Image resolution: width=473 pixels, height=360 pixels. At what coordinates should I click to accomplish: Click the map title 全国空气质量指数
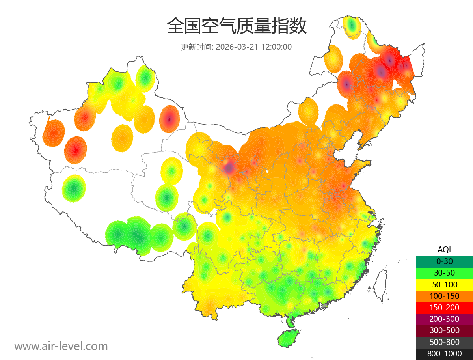coord(236,27)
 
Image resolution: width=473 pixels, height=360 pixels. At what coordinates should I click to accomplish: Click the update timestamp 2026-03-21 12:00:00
coord(254,47)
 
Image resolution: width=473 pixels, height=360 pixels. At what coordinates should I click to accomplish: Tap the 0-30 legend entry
coord(444,261)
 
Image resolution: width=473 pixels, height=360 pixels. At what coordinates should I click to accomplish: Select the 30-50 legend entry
coord(444,273)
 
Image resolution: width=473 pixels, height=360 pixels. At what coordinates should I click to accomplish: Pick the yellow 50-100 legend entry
coord(444,284)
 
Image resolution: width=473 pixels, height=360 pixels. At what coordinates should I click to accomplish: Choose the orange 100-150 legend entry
coord(444,296)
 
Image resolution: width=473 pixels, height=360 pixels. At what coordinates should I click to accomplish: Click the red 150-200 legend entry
coord(444,308)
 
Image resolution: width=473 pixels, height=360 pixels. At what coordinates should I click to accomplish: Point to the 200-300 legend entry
coord(444,319)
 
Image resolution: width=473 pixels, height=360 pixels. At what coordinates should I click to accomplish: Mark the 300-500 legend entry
coord(444,330)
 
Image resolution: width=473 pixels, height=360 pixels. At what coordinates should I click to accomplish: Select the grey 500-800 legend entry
coord(444,342)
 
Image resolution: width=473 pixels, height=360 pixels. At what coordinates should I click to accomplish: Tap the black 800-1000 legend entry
coord(444,354)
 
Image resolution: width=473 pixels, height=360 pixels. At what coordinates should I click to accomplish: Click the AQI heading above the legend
coord(444,250)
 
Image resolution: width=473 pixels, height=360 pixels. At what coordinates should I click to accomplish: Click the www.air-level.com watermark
coord(61,346)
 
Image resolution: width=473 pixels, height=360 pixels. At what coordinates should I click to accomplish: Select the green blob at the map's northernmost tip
coord(352,27)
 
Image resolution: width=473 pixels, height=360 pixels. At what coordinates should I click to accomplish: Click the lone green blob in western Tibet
coord(74,188)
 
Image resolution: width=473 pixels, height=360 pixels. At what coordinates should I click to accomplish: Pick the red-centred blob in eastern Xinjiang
coord(169,118)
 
